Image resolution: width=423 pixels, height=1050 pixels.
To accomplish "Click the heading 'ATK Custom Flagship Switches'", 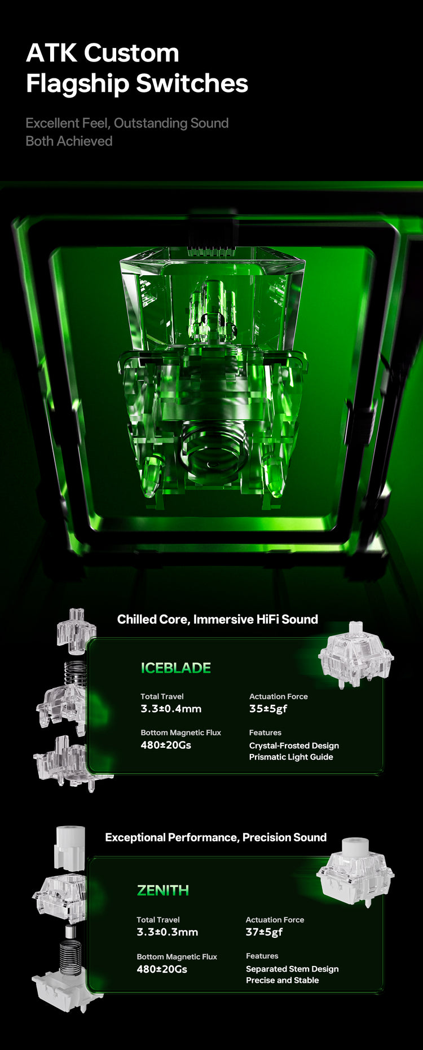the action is [137, 68].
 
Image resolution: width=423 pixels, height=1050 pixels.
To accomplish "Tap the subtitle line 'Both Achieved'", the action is [69, 141].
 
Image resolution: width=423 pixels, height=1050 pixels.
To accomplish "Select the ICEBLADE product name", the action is [176, 668].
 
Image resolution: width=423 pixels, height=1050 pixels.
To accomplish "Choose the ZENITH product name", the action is [163, 890].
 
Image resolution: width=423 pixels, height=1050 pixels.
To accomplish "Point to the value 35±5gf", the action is [268, 709].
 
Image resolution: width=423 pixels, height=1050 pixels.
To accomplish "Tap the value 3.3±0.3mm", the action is [168, 932].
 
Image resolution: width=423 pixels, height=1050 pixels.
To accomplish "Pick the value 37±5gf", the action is [265, 932].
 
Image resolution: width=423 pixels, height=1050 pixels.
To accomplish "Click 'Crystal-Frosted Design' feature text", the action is [294, 745].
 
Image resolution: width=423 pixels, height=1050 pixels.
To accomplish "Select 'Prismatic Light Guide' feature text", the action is [291, 757].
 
